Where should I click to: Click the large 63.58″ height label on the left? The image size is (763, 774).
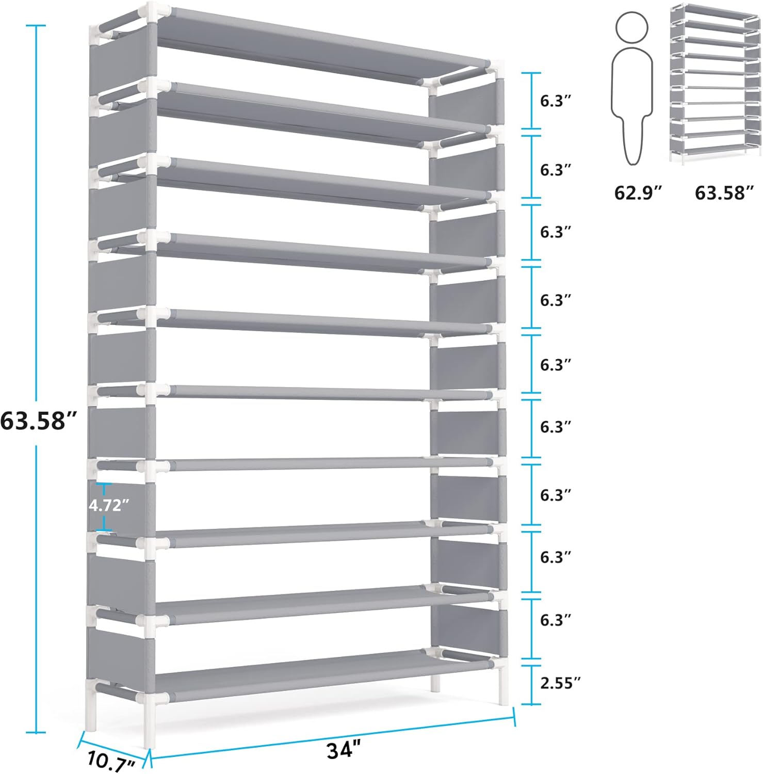click(x=39, y=421)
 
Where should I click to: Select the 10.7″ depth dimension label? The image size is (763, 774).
click(x=111, y=762)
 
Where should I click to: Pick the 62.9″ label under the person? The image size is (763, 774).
click(x=637, y=193)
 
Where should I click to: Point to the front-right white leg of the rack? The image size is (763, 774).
click(x=504, y=686)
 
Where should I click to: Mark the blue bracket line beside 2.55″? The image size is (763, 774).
click(x=531, y=685)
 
